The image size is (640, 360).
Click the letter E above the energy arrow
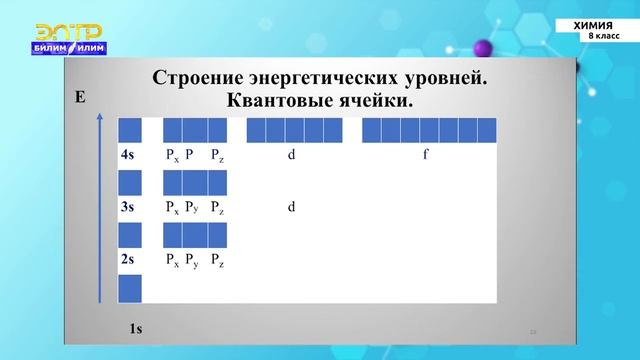[x=81, y=97]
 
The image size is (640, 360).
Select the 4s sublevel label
[x=127, y=155]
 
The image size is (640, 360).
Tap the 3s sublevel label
[x=127, y=208]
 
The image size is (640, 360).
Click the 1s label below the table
[x=136, y=328]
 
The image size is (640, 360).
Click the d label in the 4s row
[x=291, y=155]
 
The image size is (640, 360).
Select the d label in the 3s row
[x=291, y=208]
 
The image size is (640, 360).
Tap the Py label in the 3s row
[x=193, y=208]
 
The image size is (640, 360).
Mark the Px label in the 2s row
[x=172, y=262]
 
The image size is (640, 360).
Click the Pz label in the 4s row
[x=217, y=155]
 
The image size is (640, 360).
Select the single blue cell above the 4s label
[x=129, y=130]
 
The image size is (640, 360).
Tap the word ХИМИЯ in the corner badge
[x=596, y=24]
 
